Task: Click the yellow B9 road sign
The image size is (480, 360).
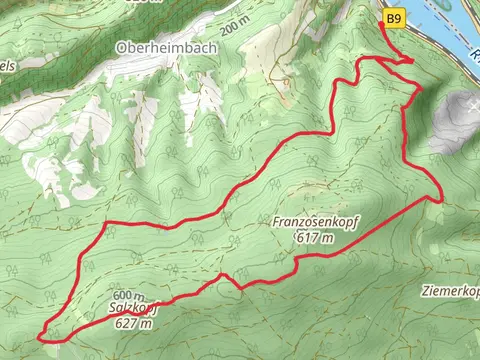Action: (x=394, y=18)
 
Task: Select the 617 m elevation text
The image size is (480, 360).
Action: (x=314, y=238)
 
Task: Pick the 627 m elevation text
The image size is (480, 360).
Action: (x=133, y=323)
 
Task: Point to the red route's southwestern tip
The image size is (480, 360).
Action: (x=41, y=337)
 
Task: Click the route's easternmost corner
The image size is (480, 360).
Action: (x=440, y=197)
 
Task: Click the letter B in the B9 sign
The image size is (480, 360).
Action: (x=390, y=18)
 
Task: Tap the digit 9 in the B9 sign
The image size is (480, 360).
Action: (x=398, y=18)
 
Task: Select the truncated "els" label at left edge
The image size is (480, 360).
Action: (x=8, y=66)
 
